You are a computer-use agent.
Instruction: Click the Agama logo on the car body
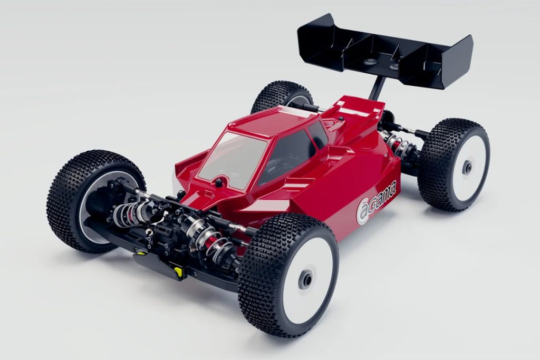[376, 203]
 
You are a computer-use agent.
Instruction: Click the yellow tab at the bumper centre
[178, 271]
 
